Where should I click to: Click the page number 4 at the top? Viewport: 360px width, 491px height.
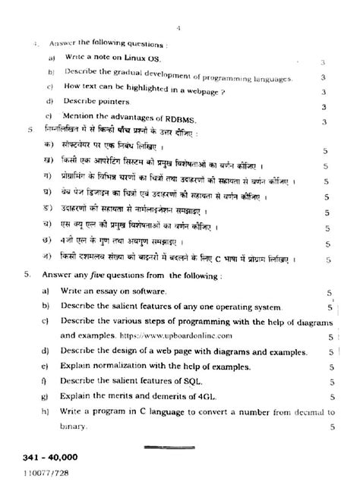(x=176, y=28)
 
